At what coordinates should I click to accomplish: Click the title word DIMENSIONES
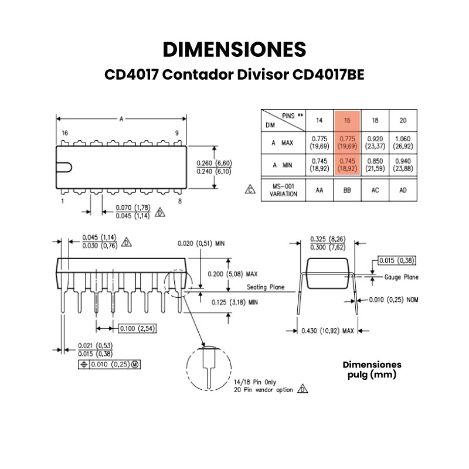pyautogui.click(x=235, y=49)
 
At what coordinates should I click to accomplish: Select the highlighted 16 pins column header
pyautogui.click(x=347, y=120)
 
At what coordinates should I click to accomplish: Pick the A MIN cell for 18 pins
pyautogui.click(x=375, y=165)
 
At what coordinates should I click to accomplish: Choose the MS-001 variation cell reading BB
pyautogui.click(x=347, y=190)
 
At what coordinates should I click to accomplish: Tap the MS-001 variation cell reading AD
pyautogui.click(x=403, y=190)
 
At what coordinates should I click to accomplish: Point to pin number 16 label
pyautogui.click(x=65, y=133)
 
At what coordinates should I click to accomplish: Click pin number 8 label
pyautogui.click(x=179, y=200)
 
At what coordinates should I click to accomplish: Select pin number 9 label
pyautogui.click(x=176, y=133)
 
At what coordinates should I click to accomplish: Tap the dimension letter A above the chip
pyautogui.click(x=121, y=119)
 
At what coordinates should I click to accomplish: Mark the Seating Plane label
pyautogui.click(x=265, y=287)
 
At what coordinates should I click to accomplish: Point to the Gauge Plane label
pyautogui.click(x=401, y=277)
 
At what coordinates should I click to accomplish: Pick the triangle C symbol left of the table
pyautogui.click(x=250, y=190)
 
